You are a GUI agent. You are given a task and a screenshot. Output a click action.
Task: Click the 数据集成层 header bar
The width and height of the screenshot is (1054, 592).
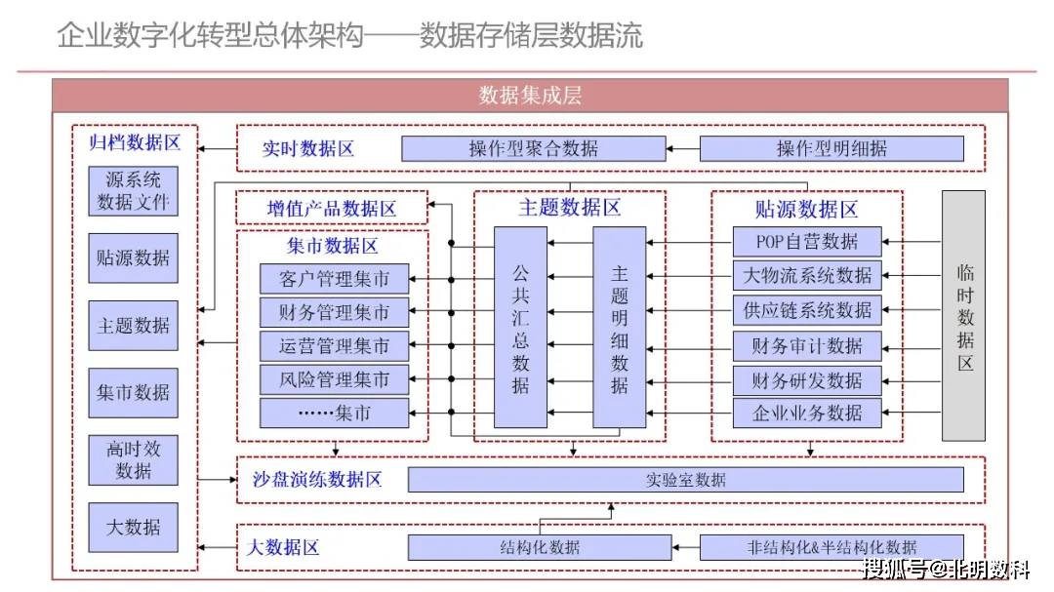530,95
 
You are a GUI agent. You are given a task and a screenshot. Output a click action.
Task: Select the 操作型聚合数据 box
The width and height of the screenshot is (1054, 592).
533,148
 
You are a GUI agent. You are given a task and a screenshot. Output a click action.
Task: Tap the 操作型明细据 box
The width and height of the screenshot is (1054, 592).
831,148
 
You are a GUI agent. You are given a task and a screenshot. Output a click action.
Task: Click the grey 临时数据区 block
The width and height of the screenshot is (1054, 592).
963,316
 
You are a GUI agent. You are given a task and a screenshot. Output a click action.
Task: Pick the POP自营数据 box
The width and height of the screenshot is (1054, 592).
807,241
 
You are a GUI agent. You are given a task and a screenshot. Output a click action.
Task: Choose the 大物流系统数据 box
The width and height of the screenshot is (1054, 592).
807,275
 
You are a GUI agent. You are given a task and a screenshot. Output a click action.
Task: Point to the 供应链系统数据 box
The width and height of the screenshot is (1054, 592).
807,310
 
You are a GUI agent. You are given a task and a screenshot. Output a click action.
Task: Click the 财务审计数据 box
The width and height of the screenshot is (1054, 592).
807,346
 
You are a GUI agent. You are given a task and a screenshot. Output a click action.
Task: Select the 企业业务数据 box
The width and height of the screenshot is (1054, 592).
807,413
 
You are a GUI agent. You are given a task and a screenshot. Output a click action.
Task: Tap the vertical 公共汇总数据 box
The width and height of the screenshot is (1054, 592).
520,328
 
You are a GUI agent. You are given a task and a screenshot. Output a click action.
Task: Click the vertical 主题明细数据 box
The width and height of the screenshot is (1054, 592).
620,328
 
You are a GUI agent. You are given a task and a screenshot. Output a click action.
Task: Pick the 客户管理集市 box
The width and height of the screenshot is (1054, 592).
334,279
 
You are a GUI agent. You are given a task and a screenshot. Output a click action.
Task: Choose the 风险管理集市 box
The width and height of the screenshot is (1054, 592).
334,378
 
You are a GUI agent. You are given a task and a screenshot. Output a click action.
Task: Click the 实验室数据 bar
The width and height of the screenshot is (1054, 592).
685,480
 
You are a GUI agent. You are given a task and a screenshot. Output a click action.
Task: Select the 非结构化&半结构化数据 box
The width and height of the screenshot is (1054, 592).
831,547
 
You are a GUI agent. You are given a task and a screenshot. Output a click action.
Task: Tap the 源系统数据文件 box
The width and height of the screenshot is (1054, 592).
134,191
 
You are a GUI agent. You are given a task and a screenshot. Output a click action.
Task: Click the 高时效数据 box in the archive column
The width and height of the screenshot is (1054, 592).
134,459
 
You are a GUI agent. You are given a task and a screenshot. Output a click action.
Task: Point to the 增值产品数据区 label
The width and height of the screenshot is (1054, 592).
332,209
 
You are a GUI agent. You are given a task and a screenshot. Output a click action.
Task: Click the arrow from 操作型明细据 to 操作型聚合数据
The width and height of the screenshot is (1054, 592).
683,149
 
